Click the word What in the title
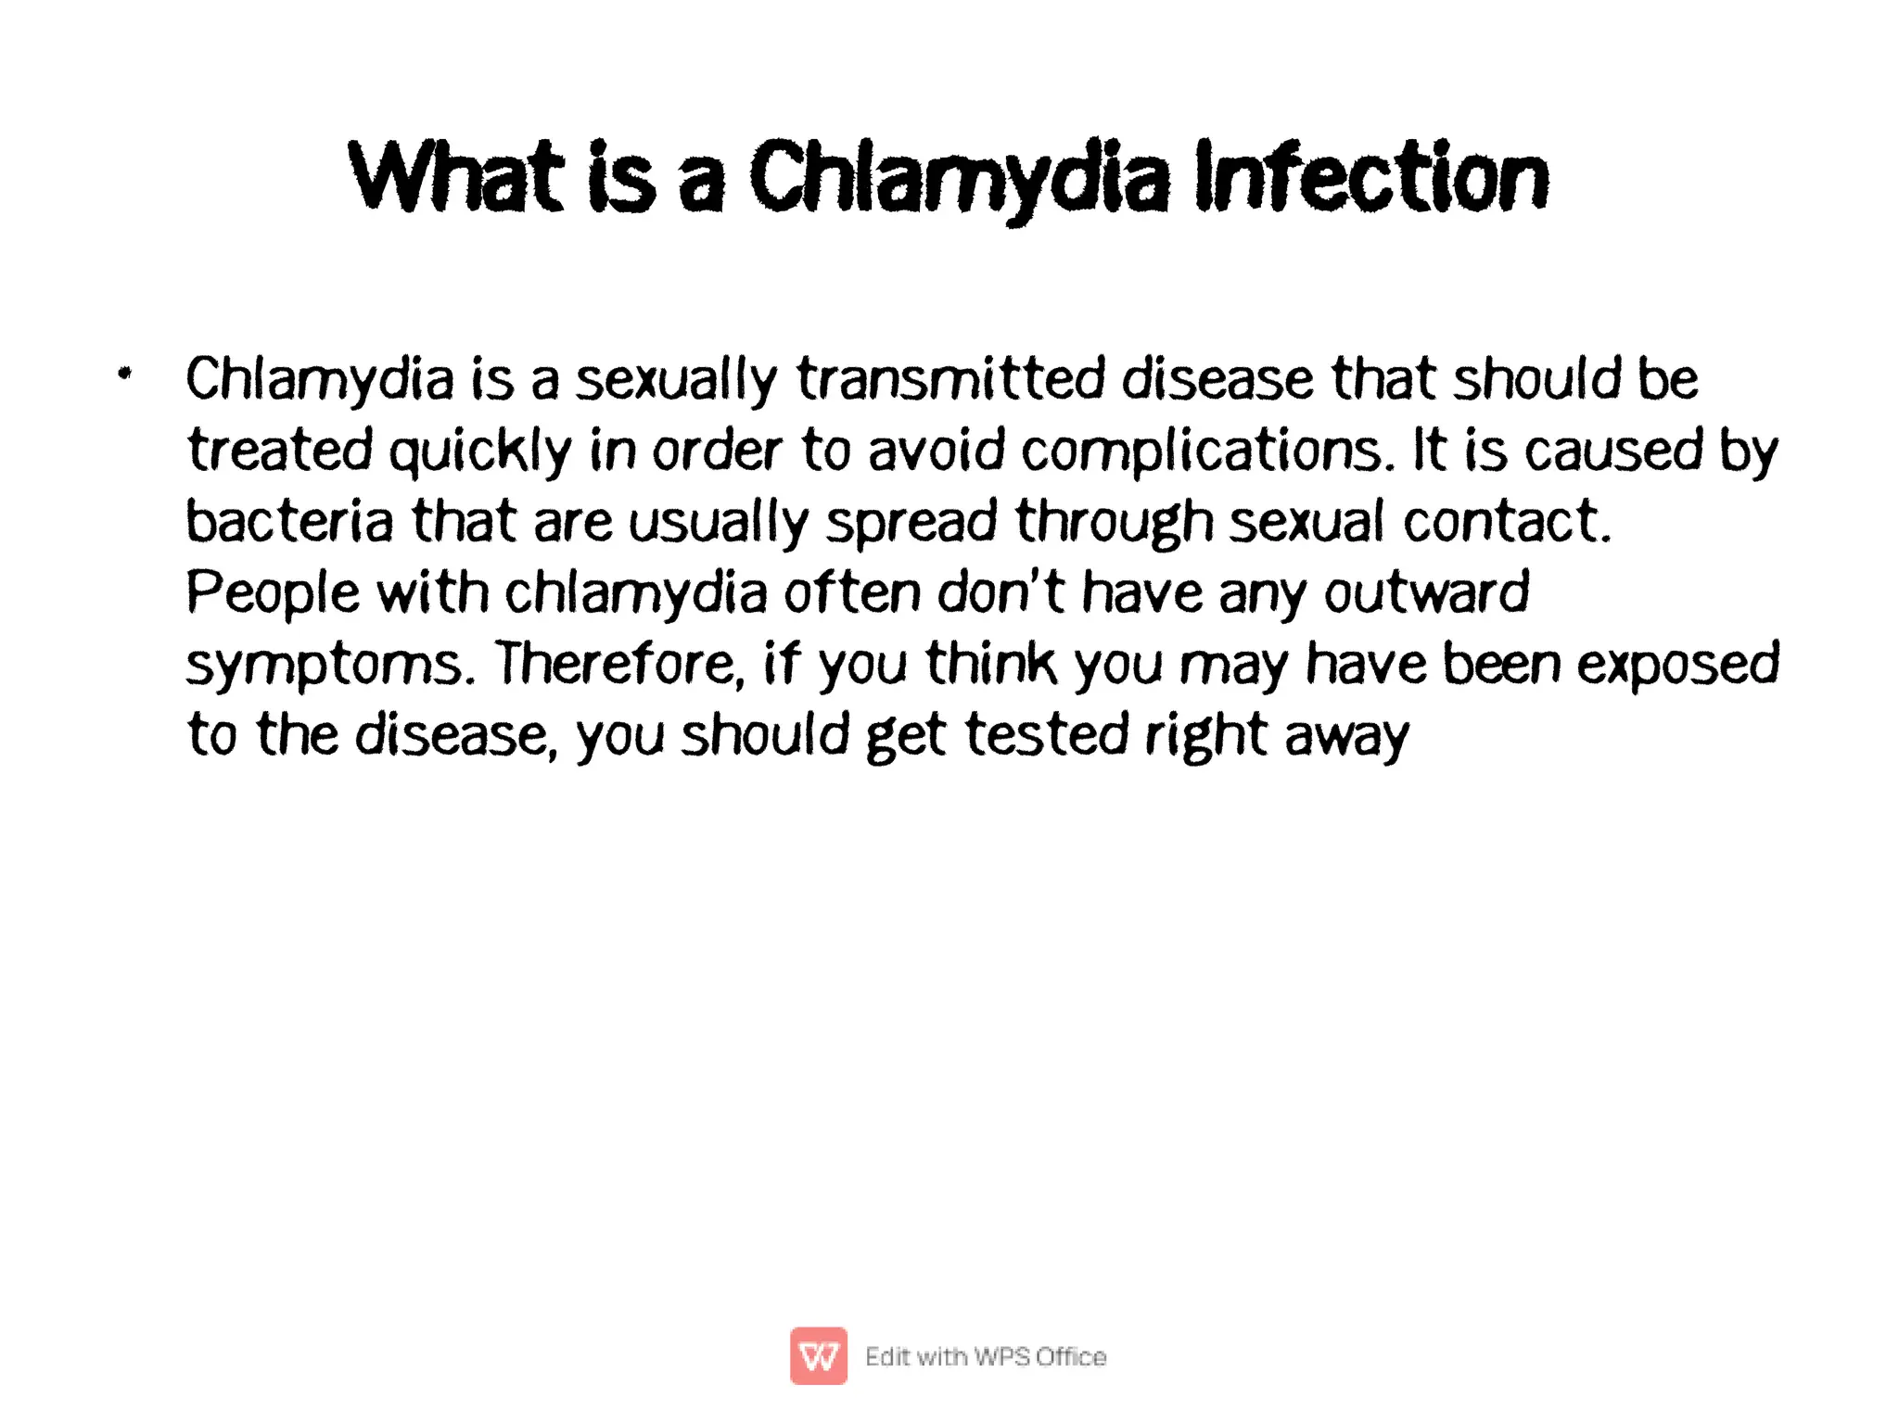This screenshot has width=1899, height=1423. (x=455, y=176)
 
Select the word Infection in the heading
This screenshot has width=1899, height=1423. (x=1371, y=176)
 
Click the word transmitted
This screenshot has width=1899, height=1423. (x=950, y=379)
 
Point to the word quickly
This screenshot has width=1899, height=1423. (x=479, y=451)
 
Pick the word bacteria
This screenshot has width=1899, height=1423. (x=289, y=521)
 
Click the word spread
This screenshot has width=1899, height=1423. (x=911, y=523)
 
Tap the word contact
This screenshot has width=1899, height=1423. (x=1506, y=521)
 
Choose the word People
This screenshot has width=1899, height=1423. (x=273, y=593)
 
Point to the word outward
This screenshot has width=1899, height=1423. (x=1426, y=592)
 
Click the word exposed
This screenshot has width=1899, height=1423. (x=1677, y=666)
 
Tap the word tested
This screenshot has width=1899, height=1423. (x=1047, y=735)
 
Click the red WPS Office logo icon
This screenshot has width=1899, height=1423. (x=818, y=1355)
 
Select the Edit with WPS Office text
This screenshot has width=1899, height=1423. (x=985, y=1356)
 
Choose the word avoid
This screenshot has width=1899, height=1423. (x=936, y=451)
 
